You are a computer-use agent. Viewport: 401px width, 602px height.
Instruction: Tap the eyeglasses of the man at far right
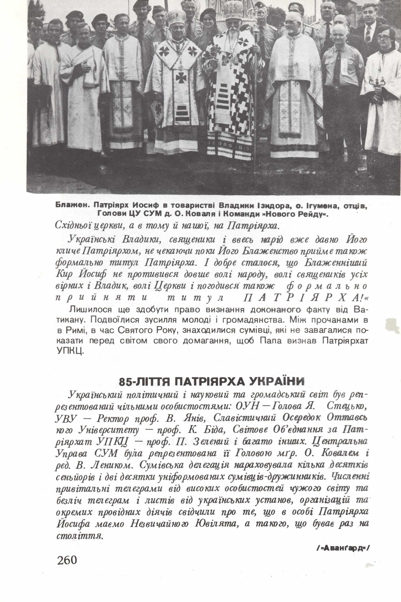(x=383, y=37)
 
